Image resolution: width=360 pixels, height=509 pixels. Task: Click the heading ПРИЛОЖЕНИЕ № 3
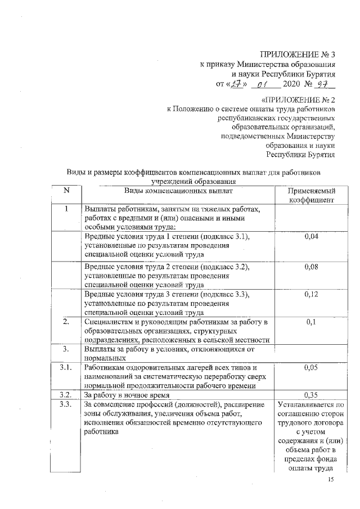[x=298, y=55]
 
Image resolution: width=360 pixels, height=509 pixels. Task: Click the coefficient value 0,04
[x=311, y=237]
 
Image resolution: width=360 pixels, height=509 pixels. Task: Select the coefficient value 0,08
[x=311, y=266]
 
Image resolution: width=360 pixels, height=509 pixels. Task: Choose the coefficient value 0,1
[x=311, y=322]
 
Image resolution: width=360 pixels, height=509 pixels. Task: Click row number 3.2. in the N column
[x=66, y=394]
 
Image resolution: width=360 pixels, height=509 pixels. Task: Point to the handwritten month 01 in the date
[x=260, y=85]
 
